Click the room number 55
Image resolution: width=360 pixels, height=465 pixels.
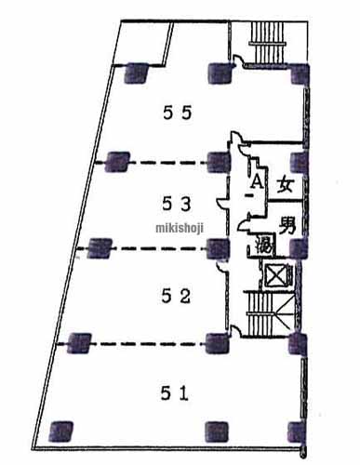click(x=177, y=113)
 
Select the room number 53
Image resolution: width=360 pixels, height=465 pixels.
click(x=177, y=204)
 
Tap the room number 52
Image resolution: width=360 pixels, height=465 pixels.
click(x=177, y=297)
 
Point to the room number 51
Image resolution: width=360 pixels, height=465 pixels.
click(x=177, y=392)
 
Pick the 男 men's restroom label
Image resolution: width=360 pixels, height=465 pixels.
click(x=287, y=225)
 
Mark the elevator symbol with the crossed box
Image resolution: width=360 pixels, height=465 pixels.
click(x=277, y=275)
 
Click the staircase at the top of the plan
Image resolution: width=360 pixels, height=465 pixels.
click(x=271, y=37)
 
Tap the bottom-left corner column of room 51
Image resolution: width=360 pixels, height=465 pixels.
click(x=61, y=431)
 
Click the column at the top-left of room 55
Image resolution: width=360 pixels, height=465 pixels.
click(x=136, y=69)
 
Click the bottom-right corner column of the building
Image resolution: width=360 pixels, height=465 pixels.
click(x=298, y=431)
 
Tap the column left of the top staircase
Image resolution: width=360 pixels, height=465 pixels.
click(x=220, y=69)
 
